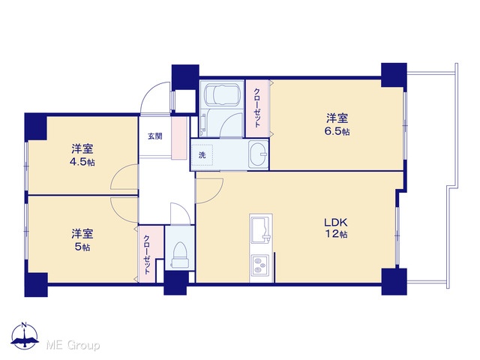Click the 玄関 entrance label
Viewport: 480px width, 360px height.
pos(155,136)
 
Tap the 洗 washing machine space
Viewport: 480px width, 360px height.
pos(202,155)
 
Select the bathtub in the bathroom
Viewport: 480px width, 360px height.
pos(222,93)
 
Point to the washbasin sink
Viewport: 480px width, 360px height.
pos(258,154)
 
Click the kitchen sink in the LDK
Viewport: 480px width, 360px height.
pos(261,229)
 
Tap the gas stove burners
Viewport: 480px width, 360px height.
pos(259,265)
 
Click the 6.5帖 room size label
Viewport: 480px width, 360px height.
pos(337,132)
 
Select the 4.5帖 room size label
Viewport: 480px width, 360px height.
pos(82,162)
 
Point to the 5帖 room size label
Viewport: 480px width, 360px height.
pos(82,247)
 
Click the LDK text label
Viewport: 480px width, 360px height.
pos(335,222)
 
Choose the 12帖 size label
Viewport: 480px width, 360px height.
pos(336,234)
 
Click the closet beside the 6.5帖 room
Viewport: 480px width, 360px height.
pos(257,108)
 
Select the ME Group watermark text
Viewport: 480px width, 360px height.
pos(73,346)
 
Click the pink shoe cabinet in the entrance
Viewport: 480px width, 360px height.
pos(178,138)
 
